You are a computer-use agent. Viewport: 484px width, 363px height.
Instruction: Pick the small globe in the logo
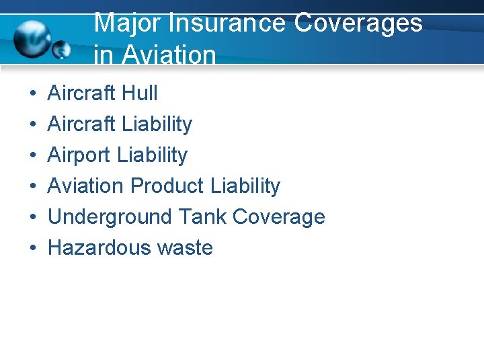coord(63,49)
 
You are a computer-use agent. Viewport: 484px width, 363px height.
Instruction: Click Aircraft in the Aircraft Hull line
coord(81,93)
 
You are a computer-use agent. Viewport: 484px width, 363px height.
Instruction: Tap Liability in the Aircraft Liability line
coord(155,124)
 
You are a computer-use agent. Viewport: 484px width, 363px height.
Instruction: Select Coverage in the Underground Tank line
coord(279,216)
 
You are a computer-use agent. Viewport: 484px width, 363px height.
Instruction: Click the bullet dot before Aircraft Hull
coord(33,93)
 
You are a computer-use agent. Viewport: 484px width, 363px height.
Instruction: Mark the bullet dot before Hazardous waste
coord(33,248)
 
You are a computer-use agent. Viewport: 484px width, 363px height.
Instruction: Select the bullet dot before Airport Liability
coord(33,155)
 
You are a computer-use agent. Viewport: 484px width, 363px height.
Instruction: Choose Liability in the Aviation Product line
coord(245,186)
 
